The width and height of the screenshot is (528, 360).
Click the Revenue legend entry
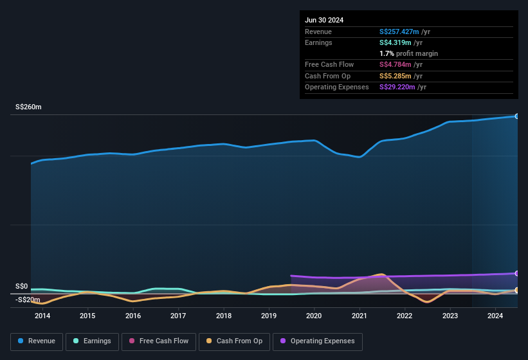tap(37, 341)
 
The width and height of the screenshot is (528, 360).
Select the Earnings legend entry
tap(92, 341)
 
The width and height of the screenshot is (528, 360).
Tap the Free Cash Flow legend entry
tap(159, 341)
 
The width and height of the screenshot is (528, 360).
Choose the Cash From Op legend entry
tap(233, 341)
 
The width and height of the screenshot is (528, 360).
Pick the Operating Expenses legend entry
tap(317, 341)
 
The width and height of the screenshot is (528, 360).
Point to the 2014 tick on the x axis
tap(42, 316)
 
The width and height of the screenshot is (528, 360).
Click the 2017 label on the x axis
tap(178, 316)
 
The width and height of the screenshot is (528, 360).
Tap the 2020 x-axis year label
tap(314, 316)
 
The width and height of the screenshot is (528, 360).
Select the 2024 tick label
tap(495, 316)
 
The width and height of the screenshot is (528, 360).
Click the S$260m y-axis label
tap(28, 107)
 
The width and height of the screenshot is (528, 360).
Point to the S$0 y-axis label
tap(22, 286)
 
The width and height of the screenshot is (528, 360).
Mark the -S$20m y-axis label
tap(28, 300)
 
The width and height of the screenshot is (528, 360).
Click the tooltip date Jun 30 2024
tap(324, 20)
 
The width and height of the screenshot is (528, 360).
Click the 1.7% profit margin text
tap(408, 53)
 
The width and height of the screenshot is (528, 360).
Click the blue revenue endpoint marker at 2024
tap(517, 116)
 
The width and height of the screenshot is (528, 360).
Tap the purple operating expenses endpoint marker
tap(517, 273)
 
